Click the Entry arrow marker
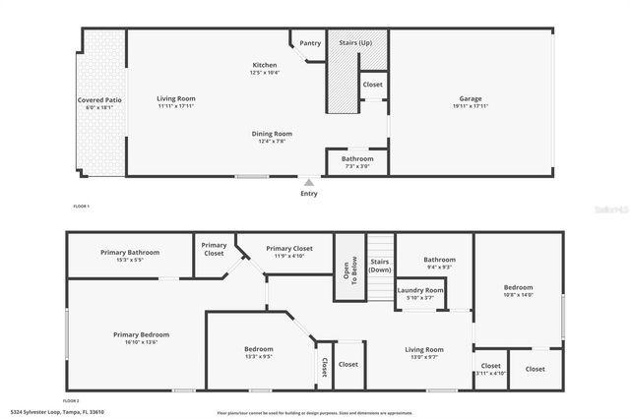point(309,182)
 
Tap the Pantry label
point(310,43)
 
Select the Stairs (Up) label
point(355,43)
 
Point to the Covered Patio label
point(99,100)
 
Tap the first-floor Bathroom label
point(357,158)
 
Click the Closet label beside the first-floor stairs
point(372,85)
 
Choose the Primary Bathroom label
point(130,252)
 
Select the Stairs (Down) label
point(379,265)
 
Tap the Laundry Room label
point(420,290)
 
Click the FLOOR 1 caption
point(82,207)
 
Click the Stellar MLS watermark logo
point(603,209)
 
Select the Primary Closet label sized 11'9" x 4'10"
point(291,249)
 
